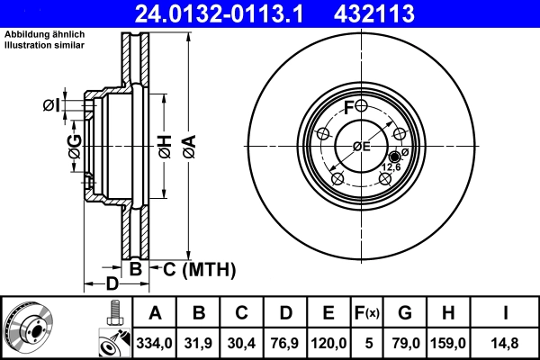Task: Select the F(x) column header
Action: [x=367, y=313]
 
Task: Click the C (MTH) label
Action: [x=199, y=268]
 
